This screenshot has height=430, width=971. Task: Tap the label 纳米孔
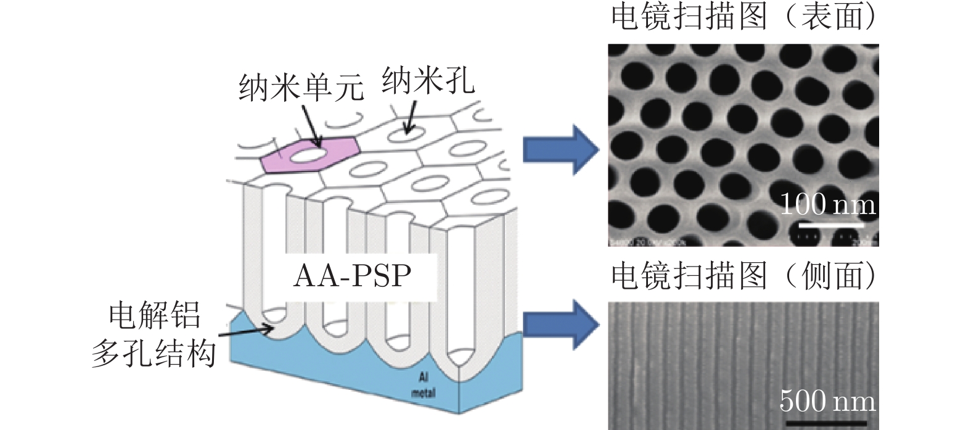coord(428,81)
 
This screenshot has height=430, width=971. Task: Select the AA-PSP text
coord(352,276)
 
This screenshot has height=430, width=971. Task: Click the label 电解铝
coord(155,316)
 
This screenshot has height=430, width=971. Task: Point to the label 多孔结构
coord(154,354)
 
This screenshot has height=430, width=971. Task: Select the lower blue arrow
coord(560,324)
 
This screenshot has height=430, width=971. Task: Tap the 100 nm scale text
coord(827,204)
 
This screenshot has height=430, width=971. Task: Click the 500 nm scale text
coord(827,402)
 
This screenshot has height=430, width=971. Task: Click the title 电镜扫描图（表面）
coord(743,17)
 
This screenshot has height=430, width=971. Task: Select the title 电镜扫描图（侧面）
coord(743,276)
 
